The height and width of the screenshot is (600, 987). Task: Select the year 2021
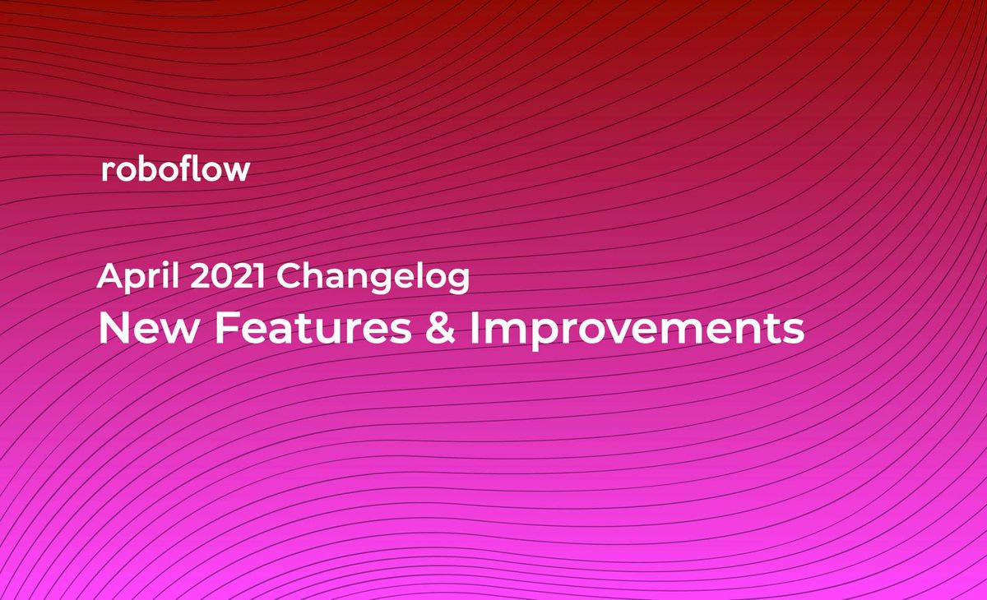[228, 276]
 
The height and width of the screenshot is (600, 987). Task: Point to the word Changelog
[373, 278]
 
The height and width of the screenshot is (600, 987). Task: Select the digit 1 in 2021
[259, 276]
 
